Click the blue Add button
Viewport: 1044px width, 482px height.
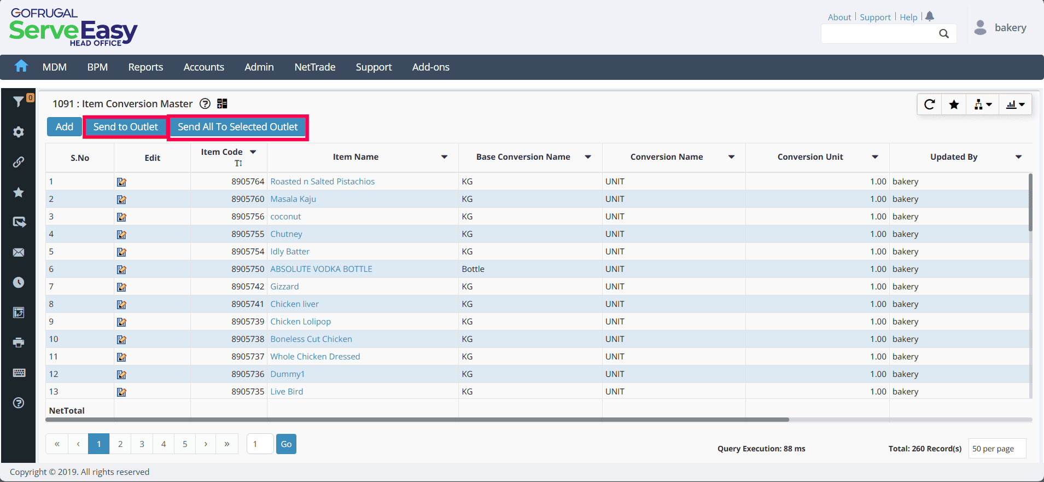coord(65,127)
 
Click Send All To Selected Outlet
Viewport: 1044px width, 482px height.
coord(238,127)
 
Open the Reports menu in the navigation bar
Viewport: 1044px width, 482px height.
coord(145,67)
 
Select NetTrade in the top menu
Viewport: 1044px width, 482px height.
coord(315,67)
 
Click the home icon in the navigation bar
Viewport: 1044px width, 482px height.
coord(21,66)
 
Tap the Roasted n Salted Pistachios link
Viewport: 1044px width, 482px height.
coord(323,182)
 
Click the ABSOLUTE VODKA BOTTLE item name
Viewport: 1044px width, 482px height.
coord(321,269)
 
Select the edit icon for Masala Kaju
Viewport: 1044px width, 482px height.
coord(121,199)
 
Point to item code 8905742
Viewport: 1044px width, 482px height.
coord(248,287)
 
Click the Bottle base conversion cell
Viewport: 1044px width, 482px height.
coord(473,269)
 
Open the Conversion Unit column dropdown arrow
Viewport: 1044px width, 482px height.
coord(875,157)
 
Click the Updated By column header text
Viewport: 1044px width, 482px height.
coord(954,157)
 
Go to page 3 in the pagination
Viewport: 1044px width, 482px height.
coord(142,444)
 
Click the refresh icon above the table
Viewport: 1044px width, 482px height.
coord(929,104)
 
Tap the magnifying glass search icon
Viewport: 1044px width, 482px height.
coord(944,34)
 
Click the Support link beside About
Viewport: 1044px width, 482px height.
coord(875,18)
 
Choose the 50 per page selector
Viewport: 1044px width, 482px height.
coord(997,449)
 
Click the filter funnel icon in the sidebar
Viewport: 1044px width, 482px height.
coord(19,101)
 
